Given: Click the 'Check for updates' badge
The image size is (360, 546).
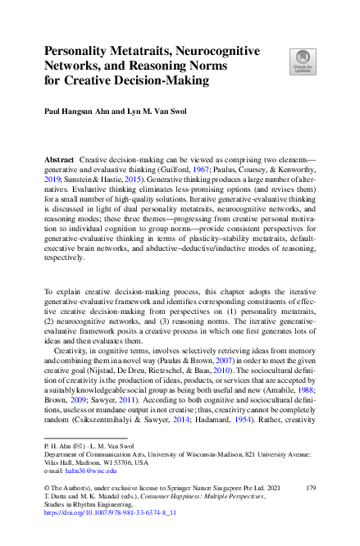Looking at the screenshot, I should [x=301, y=60].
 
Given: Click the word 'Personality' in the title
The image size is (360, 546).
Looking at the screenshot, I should [x=83, y=51].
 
